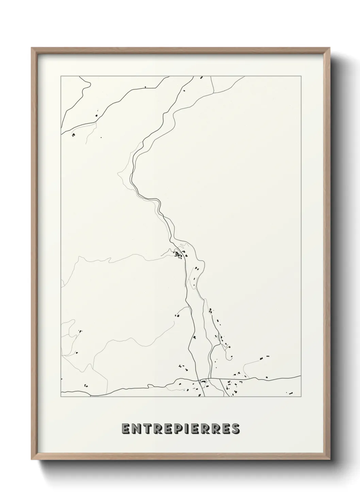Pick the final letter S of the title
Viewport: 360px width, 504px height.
pos(234,429)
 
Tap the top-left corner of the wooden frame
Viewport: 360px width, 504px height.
pos(32,48)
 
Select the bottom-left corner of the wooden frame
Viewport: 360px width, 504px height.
pos(32,459)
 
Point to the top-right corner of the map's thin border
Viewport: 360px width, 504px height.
pos(301,76)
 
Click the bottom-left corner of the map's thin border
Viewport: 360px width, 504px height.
pos(61,397)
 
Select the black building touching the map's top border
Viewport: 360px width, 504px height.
pos(201,78)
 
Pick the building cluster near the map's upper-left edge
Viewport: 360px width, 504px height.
pos(73,135)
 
